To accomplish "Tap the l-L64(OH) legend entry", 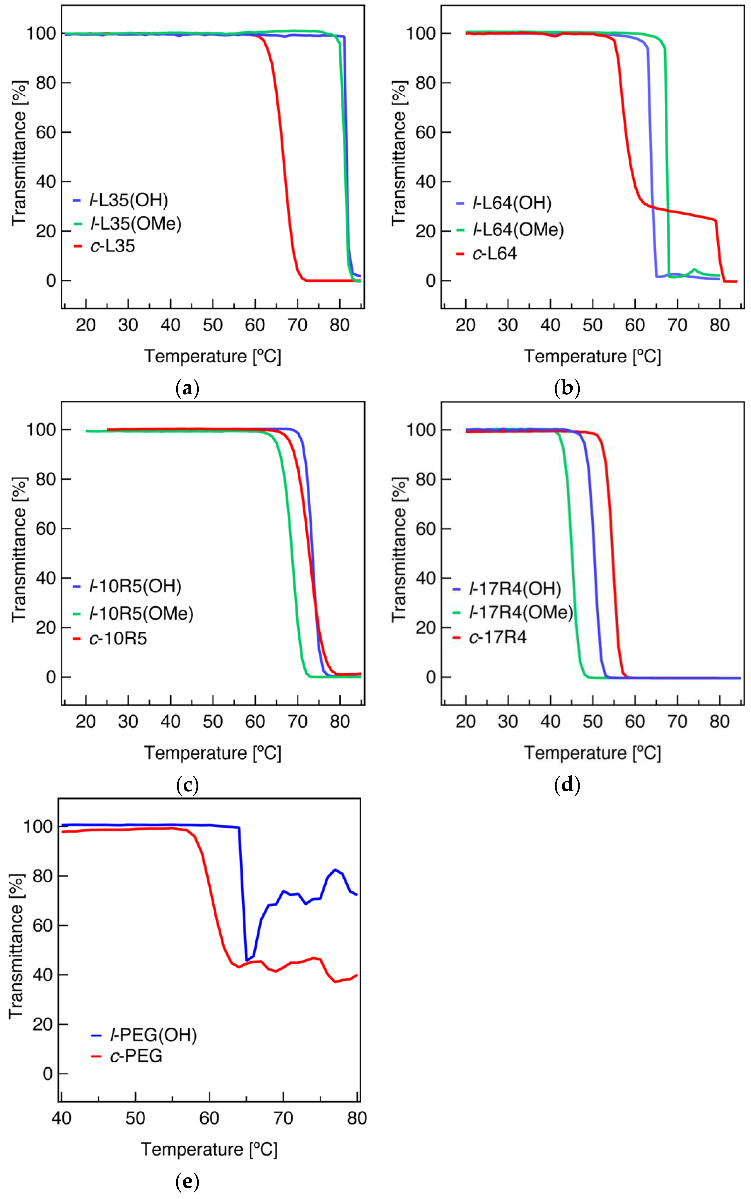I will click(x=511, y=203).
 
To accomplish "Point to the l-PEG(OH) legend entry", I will click(x=153, y=1035).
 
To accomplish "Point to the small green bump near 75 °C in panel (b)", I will click(x=694, y=270).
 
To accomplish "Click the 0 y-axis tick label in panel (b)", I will click(x=431, y=281).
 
